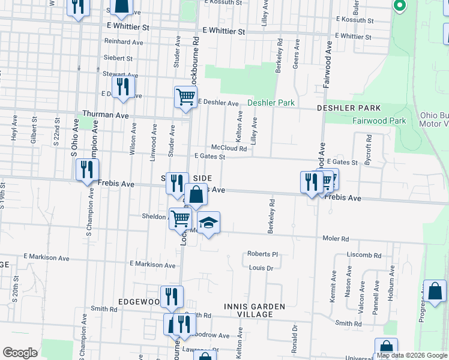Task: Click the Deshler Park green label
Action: pyautogui.click(x=271, y=103)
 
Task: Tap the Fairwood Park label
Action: pyautogui.click(x=379, y=121)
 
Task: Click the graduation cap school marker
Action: pyautogui.click(x=208, y=223)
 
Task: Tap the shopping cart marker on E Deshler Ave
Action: pyautogui.click(x=185, y=96)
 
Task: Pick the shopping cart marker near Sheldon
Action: pyautogui.click(x=180, y=219)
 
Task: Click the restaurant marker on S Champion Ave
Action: pyautogui.click(x=88, y=170)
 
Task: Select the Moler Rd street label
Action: pyautogui.click(x=337, y=239)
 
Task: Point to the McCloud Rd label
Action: pyautogui.click(x=229, y=148)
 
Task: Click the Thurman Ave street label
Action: pyautogui.click(x=106, y=114)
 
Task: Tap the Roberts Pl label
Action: pyautogui.click(x=263, y=254)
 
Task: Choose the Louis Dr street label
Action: pyautogui.click(x=261, y=268)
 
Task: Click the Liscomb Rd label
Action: pyautogui.click(x=364, y=255)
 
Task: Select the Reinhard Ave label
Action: pyautogui.click(x=122, y=42)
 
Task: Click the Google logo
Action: pyautogui.click(x=20, y=353)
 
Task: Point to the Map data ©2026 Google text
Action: pyautogui.click(x=412, y=356)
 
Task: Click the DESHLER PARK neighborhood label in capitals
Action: pyautogui.click(x=349, y=107)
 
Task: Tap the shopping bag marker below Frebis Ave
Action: pyautogui.click(x=196, y=195)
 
